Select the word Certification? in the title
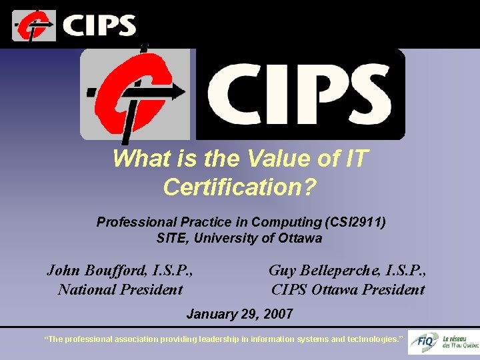tap(239, 187)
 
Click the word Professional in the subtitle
tap(135, 222)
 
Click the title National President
tap(120, 289)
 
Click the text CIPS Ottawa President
tap(347, 289)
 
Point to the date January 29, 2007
tap(239, 313)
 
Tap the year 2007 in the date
tap(277, 313)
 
